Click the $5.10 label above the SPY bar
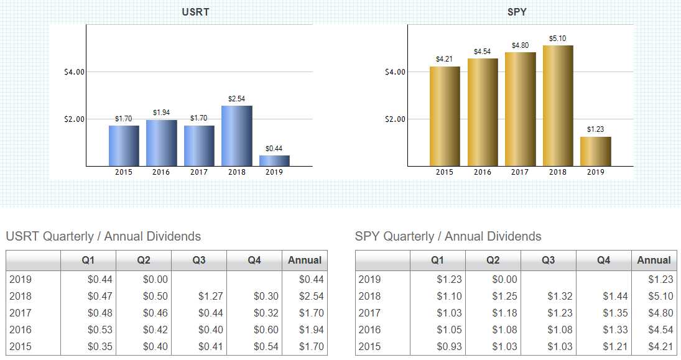click(x=558, y=39)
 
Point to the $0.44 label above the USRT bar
click(x=274, y=149)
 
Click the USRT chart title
click(x=195, y=12)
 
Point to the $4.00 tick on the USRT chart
click(x=74, y=72)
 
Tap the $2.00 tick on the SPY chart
click(x=396, y=119)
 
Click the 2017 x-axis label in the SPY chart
click(x=520, y=172)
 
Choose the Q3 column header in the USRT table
click(x=199, y=261)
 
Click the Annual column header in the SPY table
click(x=654, y=261)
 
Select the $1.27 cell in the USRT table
click(x=210, y=297)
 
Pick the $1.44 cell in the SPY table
click(x=615, y=297)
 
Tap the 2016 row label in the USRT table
click(x=21, y=330)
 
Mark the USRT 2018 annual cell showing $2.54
click(x=311, y=297)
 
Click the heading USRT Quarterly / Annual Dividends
click(x=103, y=236)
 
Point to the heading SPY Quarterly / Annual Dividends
click(x=448, y=236)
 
